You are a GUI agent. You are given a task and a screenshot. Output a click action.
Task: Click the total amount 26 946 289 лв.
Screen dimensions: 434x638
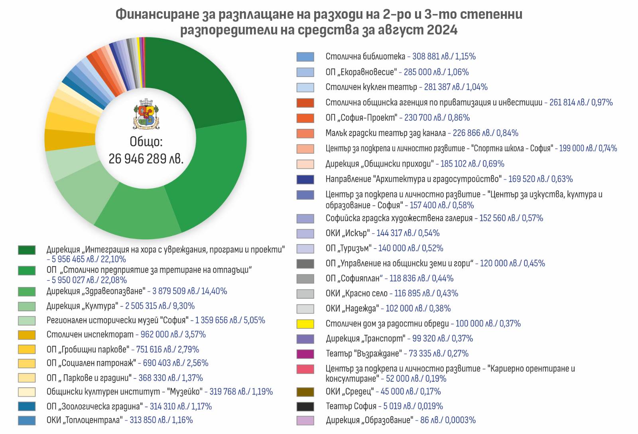[x=146, y=159]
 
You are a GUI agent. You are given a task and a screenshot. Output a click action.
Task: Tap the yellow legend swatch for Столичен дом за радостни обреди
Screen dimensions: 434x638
[x=305, y=324]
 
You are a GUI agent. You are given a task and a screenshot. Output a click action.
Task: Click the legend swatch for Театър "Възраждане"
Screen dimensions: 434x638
[x=305, y=354]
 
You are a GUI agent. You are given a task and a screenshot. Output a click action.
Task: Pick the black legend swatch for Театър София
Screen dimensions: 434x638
[x=305, y=406]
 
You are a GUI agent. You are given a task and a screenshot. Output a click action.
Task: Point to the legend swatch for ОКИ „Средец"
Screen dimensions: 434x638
[x=305, y=392]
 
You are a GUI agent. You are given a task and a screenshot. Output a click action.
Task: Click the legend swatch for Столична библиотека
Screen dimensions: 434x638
[x=305, y=57]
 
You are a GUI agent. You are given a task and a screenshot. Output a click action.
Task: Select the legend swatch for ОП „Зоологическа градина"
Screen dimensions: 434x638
[x=27, y=406]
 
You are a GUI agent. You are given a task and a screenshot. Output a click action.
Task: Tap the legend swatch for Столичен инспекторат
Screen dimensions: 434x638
[x=27, y=335]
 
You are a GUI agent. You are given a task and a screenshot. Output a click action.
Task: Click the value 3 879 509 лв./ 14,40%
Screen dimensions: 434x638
[x=189, y=291]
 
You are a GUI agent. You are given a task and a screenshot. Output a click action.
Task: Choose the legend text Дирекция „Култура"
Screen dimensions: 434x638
[x=82, y=306]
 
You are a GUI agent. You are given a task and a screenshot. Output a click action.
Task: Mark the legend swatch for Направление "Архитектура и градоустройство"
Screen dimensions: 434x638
[x=305, y=180]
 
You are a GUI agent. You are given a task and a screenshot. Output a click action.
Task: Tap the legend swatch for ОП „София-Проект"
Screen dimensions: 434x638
[x=305, y=118]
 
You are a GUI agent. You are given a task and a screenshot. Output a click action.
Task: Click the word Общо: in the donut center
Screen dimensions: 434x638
[x=146, y=142]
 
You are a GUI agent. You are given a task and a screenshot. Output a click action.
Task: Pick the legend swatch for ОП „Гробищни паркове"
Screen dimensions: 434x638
[x=27, y=349]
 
